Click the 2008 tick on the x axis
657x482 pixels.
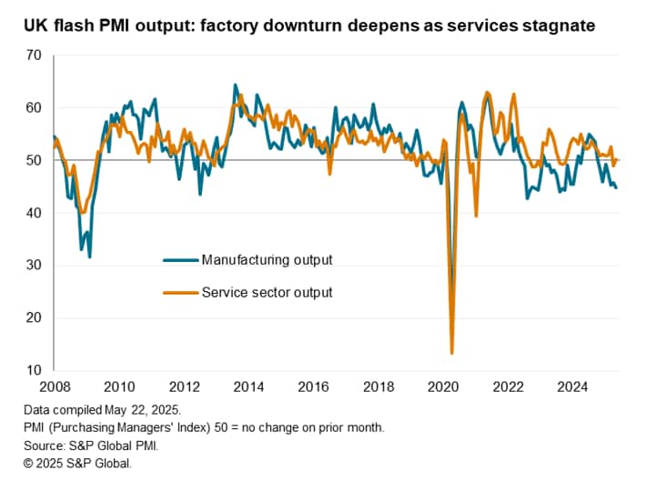(54, 385)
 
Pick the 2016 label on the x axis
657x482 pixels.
(315, 385)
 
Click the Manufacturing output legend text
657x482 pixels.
(267, 260)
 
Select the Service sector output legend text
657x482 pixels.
(267, 292)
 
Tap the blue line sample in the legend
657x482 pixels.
(181, 260)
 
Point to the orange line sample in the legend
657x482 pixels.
(181, 292)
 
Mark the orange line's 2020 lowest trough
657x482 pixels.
(452, 353)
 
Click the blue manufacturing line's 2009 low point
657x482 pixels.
(89, 256)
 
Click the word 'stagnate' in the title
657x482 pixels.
(560, 25)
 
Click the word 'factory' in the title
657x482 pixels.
(248, 25)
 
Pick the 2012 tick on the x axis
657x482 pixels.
(185, 385)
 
